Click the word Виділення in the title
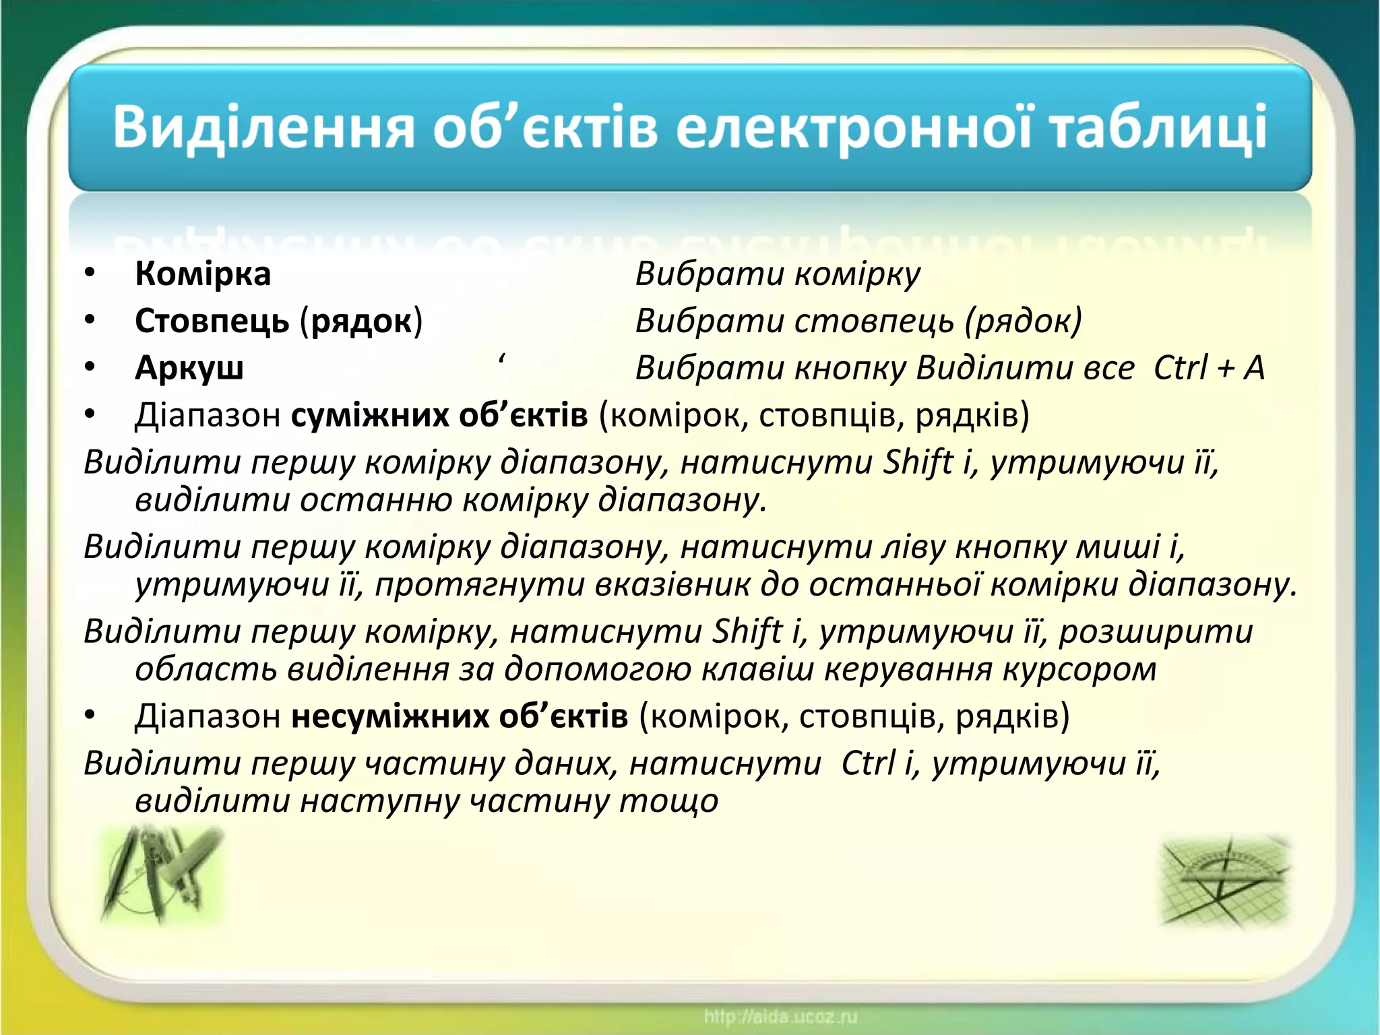[263, 128]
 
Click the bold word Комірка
[203, 274]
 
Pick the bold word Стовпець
[212, 321]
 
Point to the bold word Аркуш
[189, 368]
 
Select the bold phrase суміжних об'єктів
[439, 415]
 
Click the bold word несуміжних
[391, 716]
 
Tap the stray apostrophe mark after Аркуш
[503, 360]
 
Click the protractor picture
[1225, 879]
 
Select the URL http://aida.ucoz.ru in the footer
[780, 1016]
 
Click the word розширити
[1156, 631]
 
